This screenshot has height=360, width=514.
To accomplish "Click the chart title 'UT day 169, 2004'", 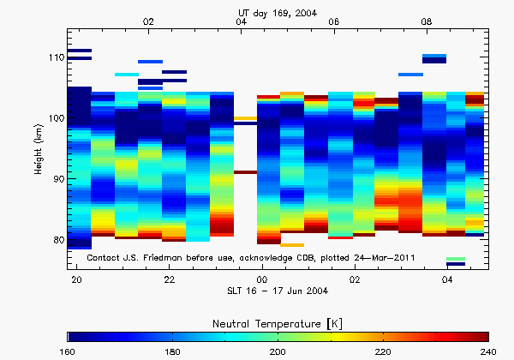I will [279, 11].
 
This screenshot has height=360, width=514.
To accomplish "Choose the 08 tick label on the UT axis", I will [427, 21].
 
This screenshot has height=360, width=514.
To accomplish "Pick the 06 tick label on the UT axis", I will [334, 21].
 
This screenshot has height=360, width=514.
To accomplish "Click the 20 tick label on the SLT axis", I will [76, 280].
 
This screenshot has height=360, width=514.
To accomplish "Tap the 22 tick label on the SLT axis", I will [170, 280].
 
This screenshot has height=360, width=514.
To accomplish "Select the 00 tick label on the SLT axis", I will [262, 280].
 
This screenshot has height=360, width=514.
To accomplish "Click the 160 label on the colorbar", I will [69, 351].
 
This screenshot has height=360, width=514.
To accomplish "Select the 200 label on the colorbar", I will [278, 351].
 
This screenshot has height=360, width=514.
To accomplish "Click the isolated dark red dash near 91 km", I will [245, 172].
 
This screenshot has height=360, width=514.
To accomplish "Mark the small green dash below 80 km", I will [456, 258].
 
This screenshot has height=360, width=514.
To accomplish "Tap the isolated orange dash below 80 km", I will [292, 245].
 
